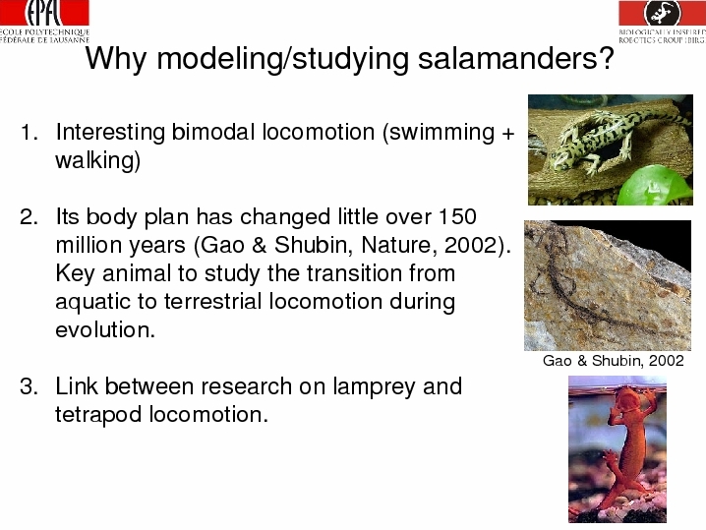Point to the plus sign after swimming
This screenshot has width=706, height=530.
pyautogui.click(x=507, y=134)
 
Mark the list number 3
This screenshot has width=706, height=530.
pyautogui.click(x=28, y=386)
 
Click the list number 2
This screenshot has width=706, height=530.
pyautogui.click(x=28, y=217)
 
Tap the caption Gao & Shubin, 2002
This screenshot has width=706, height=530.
pyautogui.click(x=614, y=361)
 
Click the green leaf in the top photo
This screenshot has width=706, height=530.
pyautogui.click(x=654, y=186)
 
